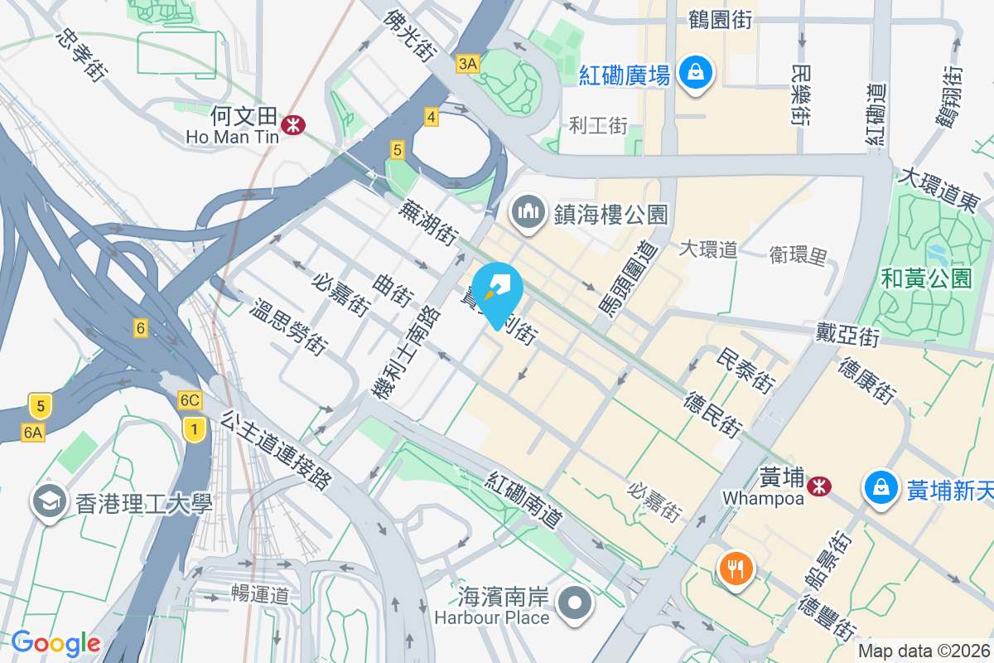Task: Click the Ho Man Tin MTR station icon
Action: pyautogui.click(x=292, y=125)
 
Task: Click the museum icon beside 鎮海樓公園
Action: pyautogui.click(x=528, y=213)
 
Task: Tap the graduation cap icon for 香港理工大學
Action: pyautogui.click(x=49, y=502)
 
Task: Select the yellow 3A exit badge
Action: pyautogui.click(x=468, y=64)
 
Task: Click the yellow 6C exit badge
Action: pyautogui.click(x=190, y=401)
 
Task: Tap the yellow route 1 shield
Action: pyautogui.click(x=194, y=428)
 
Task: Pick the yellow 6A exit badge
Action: pyautogui.click(x=33, y=432)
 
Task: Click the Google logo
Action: pyautogui.click(x=55, y=643)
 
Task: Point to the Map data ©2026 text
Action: pyautogui.click(x=924, y=651)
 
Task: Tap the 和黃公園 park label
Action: pyautogui.click(x=926, y=278)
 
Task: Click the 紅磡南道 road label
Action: pyautogui.click(x=524, y=502)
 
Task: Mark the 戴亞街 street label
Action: pyautogui.click(x=846, y=336)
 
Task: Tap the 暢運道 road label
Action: pyautogui.click(x=260, y=594)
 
